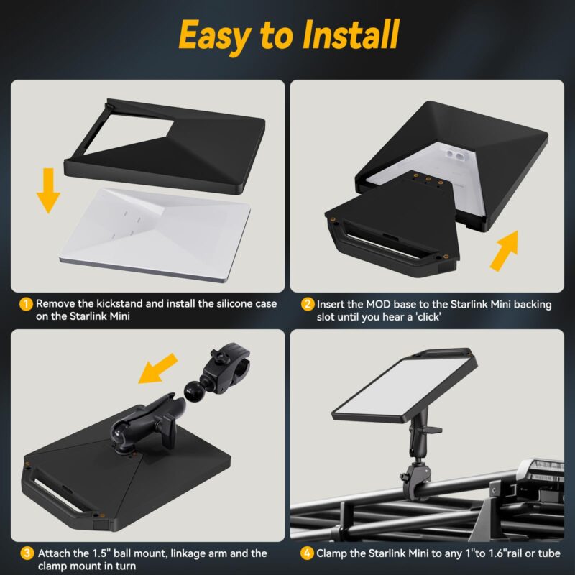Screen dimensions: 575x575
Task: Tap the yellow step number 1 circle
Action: (26, 304)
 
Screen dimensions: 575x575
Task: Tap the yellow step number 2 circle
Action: (308, 304)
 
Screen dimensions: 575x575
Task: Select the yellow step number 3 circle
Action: (26, 553)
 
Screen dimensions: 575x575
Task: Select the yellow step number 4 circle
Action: (308, 553)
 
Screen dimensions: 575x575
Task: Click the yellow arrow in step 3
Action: (160, 368)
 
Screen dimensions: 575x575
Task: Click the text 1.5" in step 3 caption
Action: (101, 553)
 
